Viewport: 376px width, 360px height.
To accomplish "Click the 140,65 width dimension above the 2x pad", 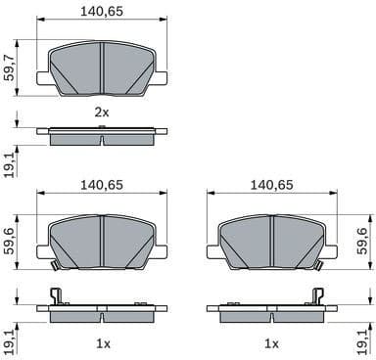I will pyautogui.click(x=103, y=14).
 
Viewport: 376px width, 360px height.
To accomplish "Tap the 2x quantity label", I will pyautogui.click(x=102, y=113).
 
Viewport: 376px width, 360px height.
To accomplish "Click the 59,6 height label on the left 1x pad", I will pyautogui.click(x=11, y=239).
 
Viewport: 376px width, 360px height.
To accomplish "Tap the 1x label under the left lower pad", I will pyautogui.click(x=102, y=343).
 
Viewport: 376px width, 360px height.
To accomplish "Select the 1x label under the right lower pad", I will pyautogui.click(x=271, y=343).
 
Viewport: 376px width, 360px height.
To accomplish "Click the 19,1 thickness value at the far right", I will pyautogui.click(x=365, y=337).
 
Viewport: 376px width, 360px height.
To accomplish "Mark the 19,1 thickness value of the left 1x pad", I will pyautogui.click(x=11, y=337).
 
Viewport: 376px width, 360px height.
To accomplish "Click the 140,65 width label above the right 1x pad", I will pyautogui.click(x=271, y=184).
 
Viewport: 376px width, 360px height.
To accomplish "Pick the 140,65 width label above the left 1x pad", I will pyautogui.click(x=103, y=184).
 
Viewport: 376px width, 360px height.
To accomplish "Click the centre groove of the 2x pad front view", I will pyautogui.click(x=103, y=68).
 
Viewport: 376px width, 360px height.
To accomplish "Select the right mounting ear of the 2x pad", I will pyautogui.click(x=162, y=78).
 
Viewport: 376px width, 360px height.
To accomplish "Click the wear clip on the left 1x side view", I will pyautogui.click(x=56, y=296).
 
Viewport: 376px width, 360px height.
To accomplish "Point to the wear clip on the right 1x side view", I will pyautogui.click(x=316, y=296).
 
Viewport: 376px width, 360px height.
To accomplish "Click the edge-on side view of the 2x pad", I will pyautogui.click(x=103, y=136).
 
